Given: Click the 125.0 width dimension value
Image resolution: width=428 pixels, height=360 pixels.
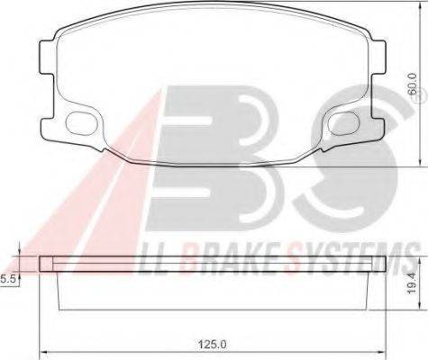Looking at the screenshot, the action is (x=212, y=344).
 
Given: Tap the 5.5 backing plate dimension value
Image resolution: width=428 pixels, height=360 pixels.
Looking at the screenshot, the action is (x=7, y=279).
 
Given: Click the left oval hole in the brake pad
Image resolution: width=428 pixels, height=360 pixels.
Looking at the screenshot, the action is (x=81, y=122).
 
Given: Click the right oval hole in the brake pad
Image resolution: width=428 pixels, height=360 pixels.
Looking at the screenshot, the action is (x=343, y=122).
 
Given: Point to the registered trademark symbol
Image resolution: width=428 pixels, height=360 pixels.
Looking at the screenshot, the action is (x=421, y=97).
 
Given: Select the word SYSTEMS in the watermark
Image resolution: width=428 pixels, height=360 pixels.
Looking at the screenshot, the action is (x=352, y=259).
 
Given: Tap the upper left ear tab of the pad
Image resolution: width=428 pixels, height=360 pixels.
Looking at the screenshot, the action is (x=47, y=58).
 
